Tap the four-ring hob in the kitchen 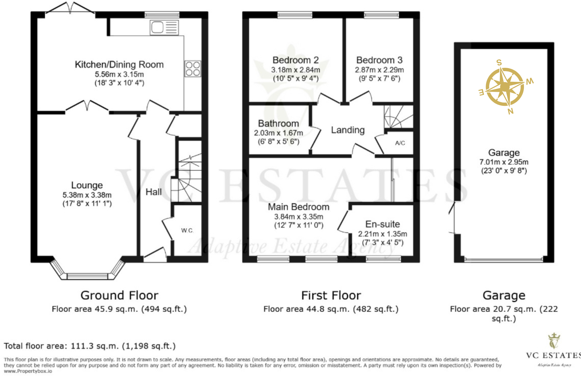pyautogui.click(x=193, y=69)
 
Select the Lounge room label pyautogui.click(x=87, y=185)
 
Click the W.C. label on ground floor pyautogui.click(x=187, y=230)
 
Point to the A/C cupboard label pyautogui.click(x=400, y=143)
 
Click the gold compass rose pyautogui.click(x=505, y=86)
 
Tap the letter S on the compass pyautogui.click(x=499, y=63)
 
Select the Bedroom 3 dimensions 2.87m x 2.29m pyautogui.click(x=379, y=70)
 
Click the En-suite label pyautogui.click(x=382, y=224)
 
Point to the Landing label pyautogui.click(x=348, y=130)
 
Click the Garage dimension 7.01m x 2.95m pyautogui.click(x=504, y=162)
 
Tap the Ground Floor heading pyautogui.click(x=119, y=296)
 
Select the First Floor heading pyautogui.click(x=331, y=296)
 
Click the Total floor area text pyautogui.click(x=89, y=346)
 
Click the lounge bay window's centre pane pyautogui.click(x=87, y=276)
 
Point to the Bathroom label pyautogui.click(x=278, y=124)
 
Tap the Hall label pyautogui.click(x=154, y=192)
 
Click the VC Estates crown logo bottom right pyautogui.click(x=554, y=341)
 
